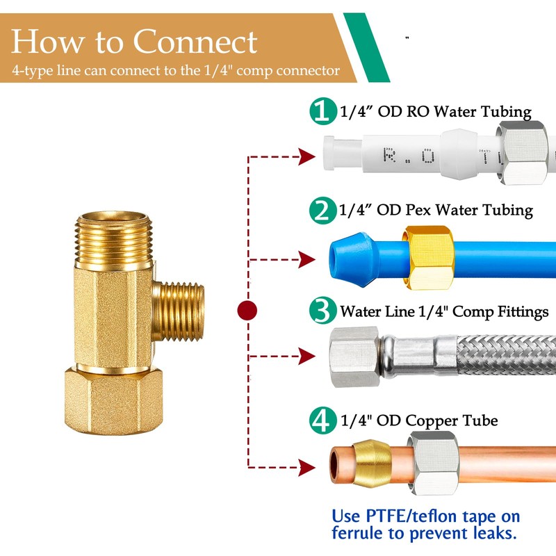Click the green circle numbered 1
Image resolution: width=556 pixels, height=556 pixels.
coord(322,112)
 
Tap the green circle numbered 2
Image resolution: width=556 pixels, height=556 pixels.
coord(322,210)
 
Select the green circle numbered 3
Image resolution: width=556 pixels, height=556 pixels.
coord(322,311)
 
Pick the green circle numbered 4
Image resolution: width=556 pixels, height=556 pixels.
coord(322,420)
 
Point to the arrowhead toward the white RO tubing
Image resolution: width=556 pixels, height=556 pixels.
coord(305,156)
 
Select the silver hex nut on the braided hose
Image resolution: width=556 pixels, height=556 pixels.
coord(355,354)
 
